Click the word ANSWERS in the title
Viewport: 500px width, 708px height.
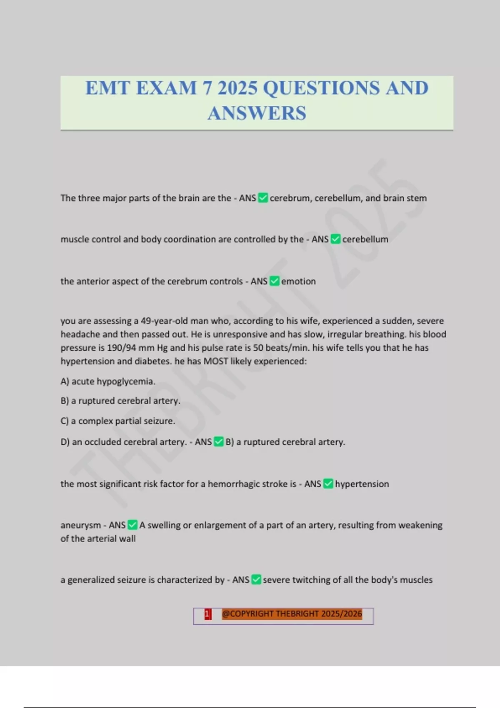(257, 113)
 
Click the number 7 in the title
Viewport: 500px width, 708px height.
(207, 88)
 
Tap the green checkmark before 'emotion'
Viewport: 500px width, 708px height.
(275, 281)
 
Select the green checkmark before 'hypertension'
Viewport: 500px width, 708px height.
(328, 484)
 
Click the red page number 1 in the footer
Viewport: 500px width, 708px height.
(207, 614)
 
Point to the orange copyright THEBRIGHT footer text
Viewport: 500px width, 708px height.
(292, 614)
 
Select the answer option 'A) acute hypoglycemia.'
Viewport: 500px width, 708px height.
(108, 381)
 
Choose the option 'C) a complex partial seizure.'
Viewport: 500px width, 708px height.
(118, 421)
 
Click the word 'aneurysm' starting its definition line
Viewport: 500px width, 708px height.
(81, 525)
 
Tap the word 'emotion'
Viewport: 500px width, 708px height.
(298, 282)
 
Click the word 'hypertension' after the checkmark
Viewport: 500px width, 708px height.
(362, 484)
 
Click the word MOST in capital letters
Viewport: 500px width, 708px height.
(215, 361)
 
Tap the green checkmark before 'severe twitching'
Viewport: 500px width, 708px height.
(257, 579)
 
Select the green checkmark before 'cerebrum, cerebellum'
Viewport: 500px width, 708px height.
(263, 198)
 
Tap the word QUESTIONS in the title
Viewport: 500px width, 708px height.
(321, 88)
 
